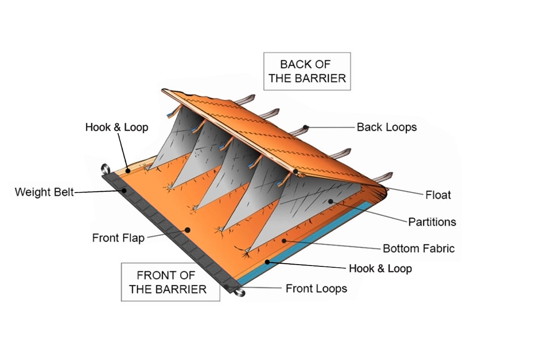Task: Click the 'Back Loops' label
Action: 387,127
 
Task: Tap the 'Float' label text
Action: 438,195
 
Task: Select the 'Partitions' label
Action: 432,222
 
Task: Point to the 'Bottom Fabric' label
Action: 418,248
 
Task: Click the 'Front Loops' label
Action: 316,288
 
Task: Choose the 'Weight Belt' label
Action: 44,192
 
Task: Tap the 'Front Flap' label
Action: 118,238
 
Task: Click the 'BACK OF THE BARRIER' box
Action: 307,71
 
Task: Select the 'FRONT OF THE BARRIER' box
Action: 171,282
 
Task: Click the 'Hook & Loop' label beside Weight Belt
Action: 117,127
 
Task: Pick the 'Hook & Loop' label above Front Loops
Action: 380,269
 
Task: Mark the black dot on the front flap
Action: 187,230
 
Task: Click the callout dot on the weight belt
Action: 124,191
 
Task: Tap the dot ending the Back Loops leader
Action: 306,127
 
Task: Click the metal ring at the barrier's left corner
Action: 105,169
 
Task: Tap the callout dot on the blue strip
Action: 268,261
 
